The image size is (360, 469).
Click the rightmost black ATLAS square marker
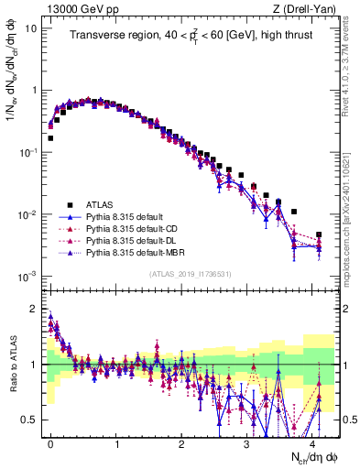[319, 235]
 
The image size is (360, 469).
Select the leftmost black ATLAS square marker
[50, 138]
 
